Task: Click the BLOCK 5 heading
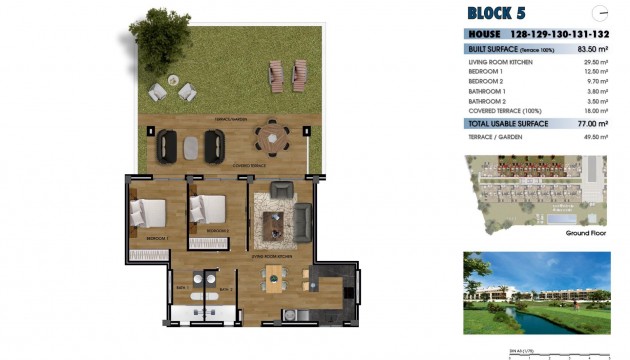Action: pyautogui.click(x=496, y=13)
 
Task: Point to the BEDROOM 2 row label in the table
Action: pyautogui.click(x=486, y=82)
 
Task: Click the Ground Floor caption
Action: pyautogui.click(x=586, y=232)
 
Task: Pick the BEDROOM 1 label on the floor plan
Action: pyautogui.click(x=156, y=240)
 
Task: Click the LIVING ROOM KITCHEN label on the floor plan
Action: pyautogui.click(x=271, y=256)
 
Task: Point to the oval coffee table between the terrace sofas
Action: pyautogui.click(x=191, y=146)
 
